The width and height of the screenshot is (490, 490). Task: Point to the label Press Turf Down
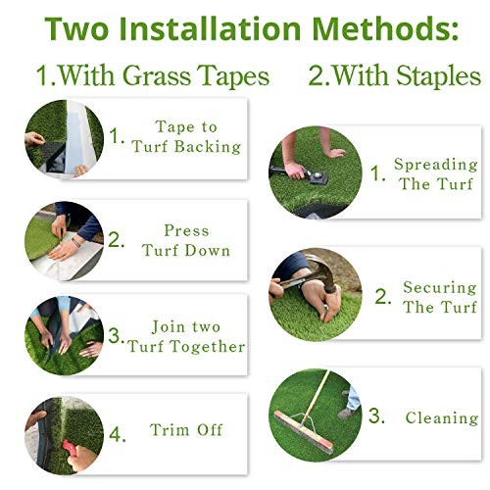pyautogui.click(x=186, y=240)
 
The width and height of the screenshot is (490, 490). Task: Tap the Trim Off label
pyautogui.click(x=186, y=429)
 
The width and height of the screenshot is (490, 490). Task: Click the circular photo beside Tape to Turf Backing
pyautogui.click(x=63, y=138)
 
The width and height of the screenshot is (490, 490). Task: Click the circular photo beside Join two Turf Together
pyautogui.click(x=63, y=335)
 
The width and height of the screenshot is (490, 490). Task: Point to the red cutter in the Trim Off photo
pyautogui.click(x=58, y=442)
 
